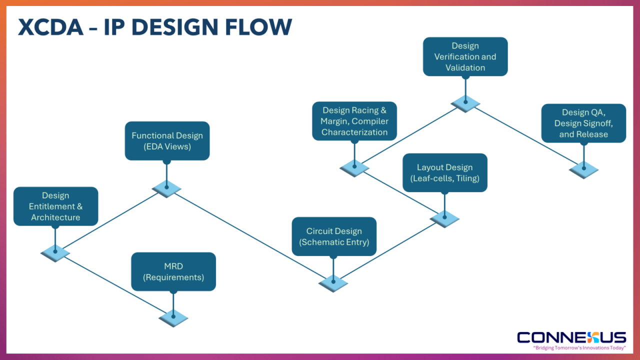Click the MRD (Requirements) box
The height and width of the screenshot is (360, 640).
click(x=173, y=271)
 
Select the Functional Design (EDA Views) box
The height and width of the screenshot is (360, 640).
click(x=167, y=141)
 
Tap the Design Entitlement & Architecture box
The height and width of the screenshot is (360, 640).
click(x=55, y=206)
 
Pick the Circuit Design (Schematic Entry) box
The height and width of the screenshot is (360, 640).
click(x=334, y=236)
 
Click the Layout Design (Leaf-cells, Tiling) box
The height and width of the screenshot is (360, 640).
click(x=445, y=172)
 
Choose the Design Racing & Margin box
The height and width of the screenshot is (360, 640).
click(x=354, y=121)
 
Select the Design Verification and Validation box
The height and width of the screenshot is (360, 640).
click(x=465, y=56)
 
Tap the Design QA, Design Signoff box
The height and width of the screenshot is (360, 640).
click(x=583, y=123)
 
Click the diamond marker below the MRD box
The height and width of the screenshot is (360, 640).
click(x=173, y=317)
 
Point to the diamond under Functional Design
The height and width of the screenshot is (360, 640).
click(x=166, y=188)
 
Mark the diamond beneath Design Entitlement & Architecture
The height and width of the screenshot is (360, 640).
click(x=55, y=252)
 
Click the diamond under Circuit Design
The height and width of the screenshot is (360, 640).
click(x=333, y=282)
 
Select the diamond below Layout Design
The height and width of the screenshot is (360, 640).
click(x=444, y=218)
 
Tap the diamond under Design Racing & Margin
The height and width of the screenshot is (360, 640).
click(x=354, y=167)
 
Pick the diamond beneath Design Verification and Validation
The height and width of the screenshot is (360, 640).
click(x=465, y=102)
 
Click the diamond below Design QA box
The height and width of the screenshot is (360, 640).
click(x=583, y=169)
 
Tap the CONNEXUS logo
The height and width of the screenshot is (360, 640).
click(x=571, y=337)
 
